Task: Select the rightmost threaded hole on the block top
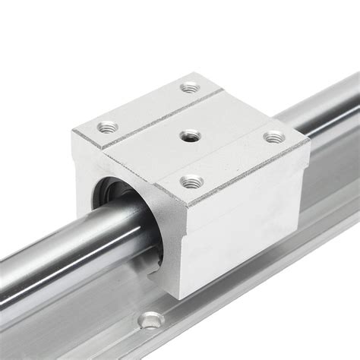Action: coord(273,138)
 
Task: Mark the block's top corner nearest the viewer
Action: coord(185,207)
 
